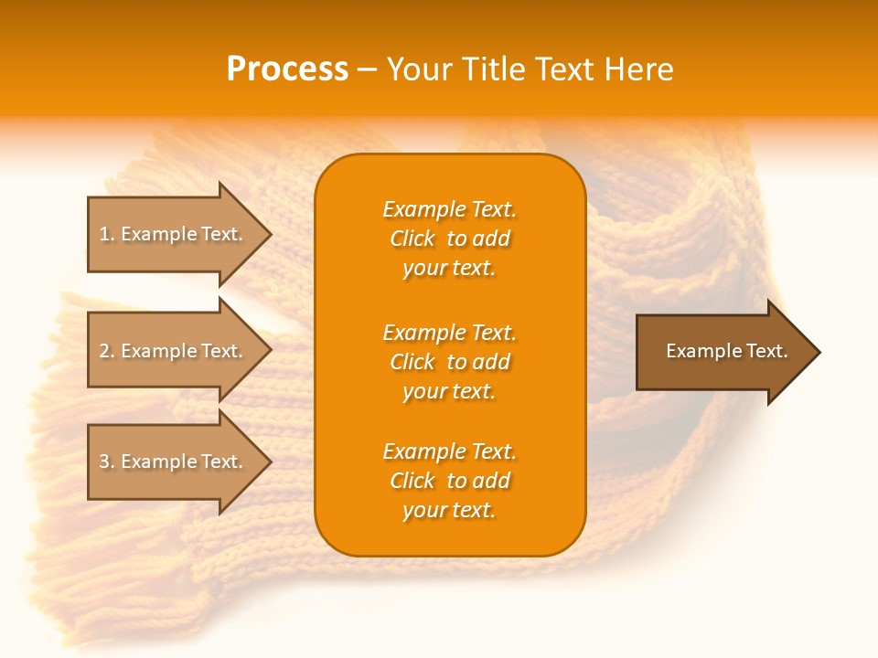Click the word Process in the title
(287, 69)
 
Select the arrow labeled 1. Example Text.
(174, 234)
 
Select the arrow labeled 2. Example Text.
(174, 351)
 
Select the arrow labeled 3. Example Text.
(174, 462)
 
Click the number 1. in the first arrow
(107, 234)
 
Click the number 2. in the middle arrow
(107, 351)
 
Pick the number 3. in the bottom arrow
(107, 462)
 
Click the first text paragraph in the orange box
(449, 239)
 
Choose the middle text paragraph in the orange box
(449, 362)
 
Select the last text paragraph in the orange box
(449, 481)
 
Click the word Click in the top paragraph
(412, 239)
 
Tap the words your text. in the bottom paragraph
(449, 510)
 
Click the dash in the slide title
(367, 69)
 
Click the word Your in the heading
(420, 69)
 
